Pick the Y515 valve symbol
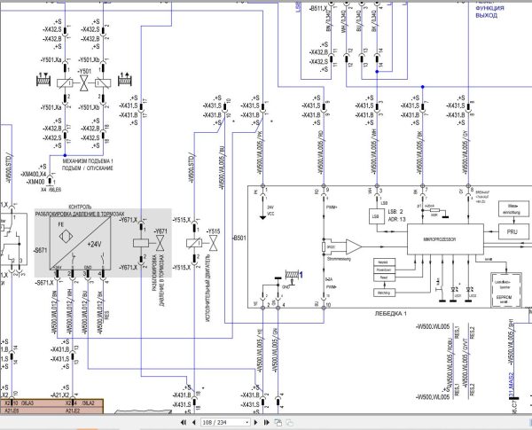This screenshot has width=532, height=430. pyautogui.click(x=213, y=243)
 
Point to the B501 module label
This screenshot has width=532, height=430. pyautogui.click(x=239, y=239)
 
